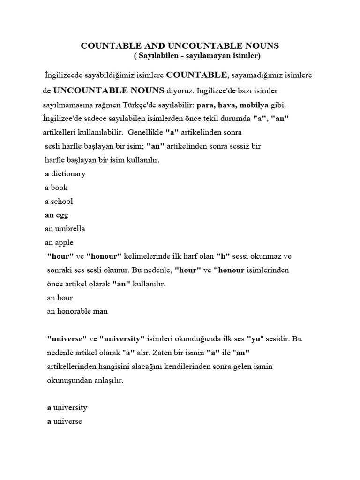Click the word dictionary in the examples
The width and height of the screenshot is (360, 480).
point(68,174)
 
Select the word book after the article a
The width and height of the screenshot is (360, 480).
point(60,187)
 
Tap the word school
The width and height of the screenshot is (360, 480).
point(62,202)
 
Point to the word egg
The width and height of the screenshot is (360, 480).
point(62,215)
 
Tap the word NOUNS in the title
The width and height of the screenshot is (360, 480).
point(258,46)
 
